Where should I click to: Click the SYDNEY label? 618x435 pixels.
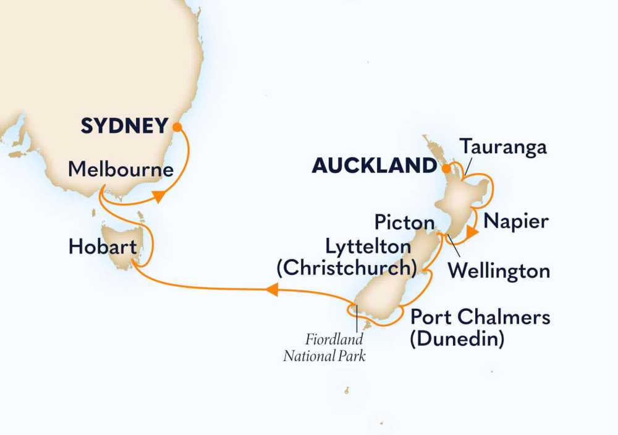click(124, 127)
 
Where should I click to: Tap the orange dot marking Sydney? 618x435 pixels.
click(177, 127)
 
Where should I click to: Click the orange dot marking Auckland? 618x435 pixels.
click(444, 166)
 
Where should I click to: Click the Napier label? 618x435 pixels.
click(517, 221)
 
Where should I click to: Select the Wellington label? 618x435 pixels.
click(499, 271)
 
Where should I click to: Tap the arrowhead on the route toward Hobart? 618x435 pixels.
click(273, 287)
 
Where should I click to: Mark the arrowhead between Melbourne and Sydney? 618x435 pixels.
click(159, 197)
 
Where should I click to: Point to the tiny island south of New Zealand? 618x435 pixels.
click(347, 391)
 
